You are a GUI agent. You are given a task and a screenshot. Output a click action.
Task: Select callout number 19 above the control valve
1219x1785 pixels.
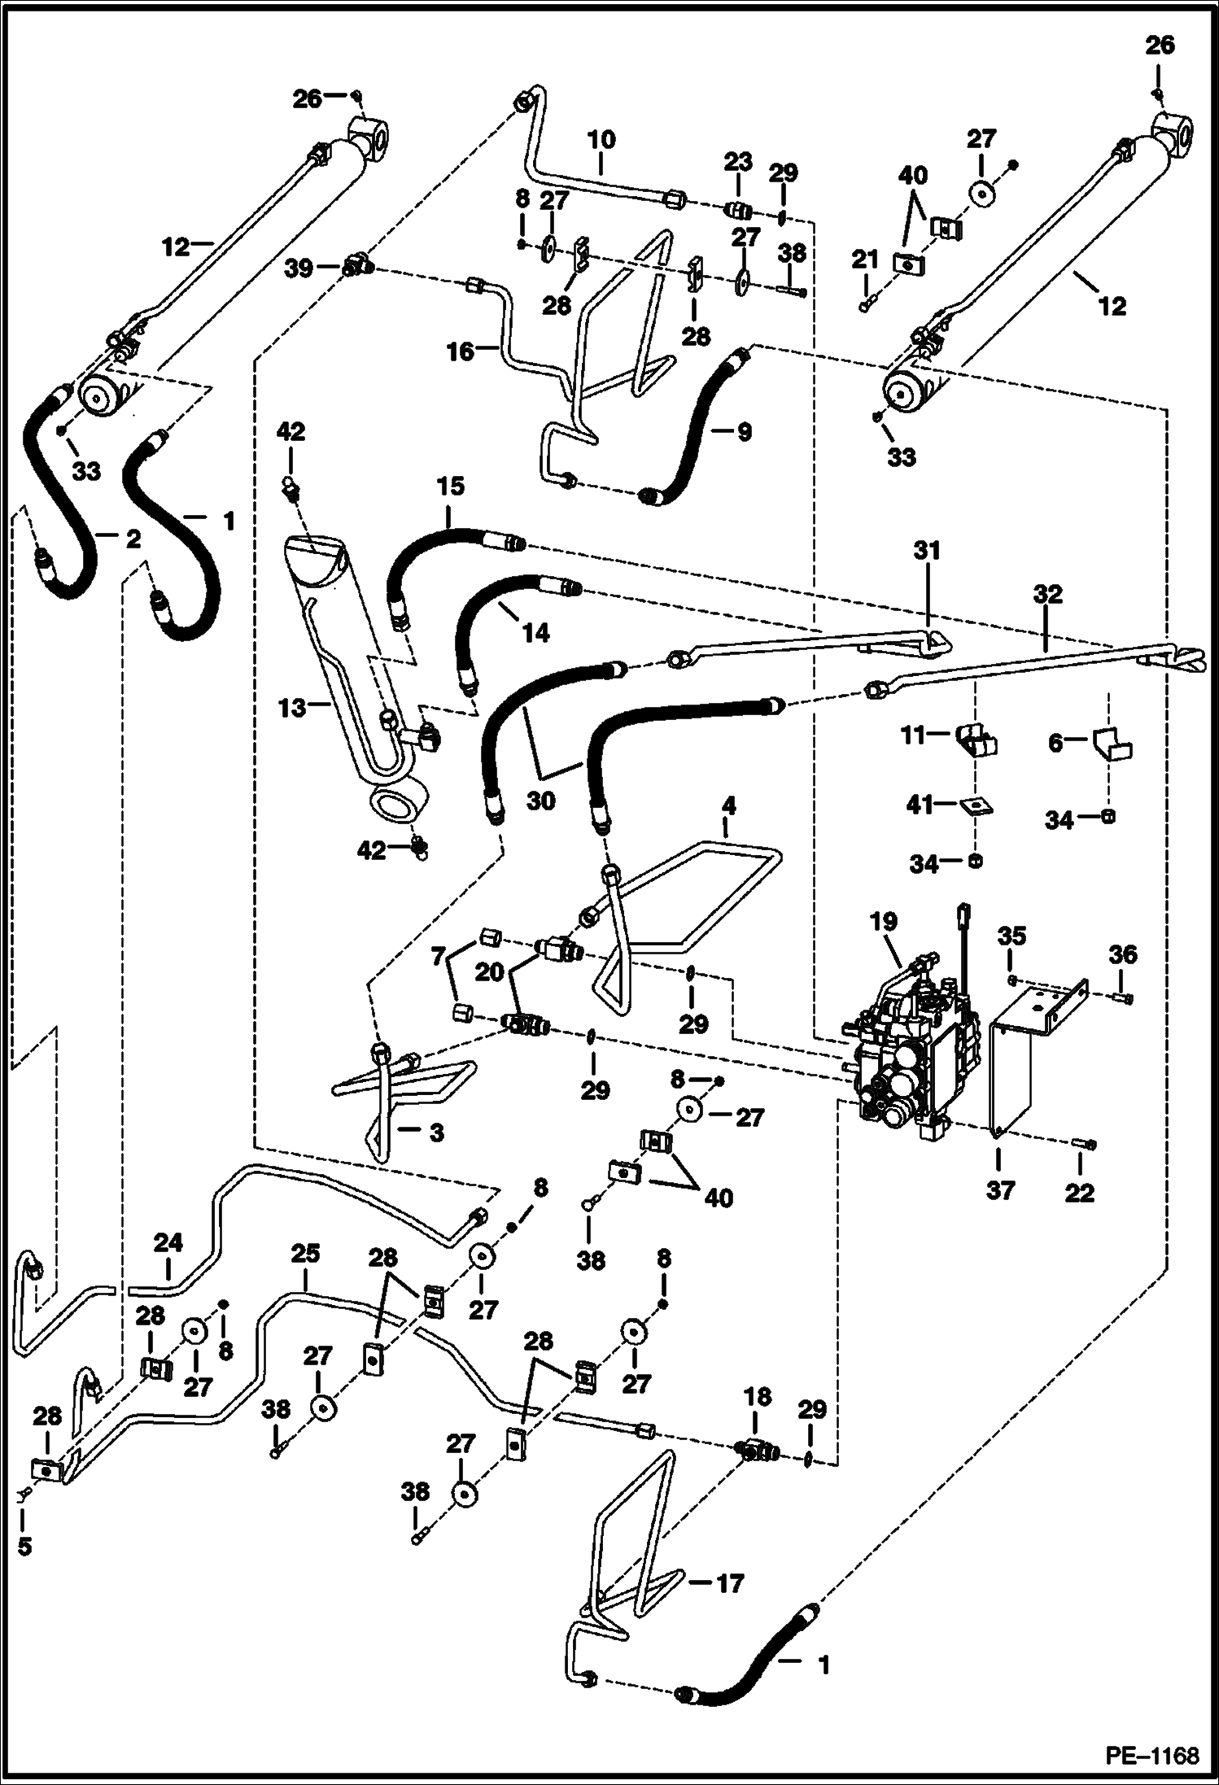pyautogui.click(x=883, y=922)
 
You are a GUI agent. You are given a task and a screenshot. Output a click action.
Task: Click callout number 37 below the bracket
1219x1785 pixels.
pyautogui.click(x=1000, y=1191)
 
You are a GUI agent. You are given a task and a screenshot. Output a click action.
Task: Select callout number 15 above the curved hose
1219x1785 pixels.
pyautogui.click(x=450, y=487)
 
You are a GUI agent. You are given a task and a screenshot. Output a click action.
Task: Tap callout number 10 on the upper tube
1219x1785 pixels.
pyautogui.click(x=601, y=140)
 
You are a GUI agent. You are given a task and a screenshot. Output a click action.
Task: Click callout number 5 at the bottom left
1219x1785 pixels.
pyautogui.click(x=24, y=1546)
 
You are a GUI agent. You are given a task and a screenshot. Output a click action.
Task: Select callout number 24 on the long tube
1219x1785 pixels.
pyautogui.click(x=168, y=1243)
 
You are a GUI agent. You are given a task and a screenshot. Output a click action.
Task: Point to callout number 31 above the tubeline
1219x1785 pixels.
pyautogui.click(x=926, y=551)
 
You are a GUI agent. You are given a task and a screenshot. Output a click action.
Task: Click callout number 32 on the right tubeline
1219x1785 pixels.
pyautogui.click(x=1048, y=595)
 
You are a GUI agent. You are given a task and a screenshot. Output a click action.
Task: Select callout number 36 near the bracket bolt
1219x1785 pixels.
pyautogui.click(x=1123, y=954)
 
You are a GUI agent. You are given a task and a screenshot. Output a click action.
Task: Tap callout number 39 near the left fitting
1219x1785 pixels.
pyautogui.click(x=302, y=268)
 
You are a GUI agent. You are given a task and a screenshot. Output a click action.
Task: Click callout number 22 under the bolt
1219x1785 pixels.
pyautogui.click(x=1080, y=1193)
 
